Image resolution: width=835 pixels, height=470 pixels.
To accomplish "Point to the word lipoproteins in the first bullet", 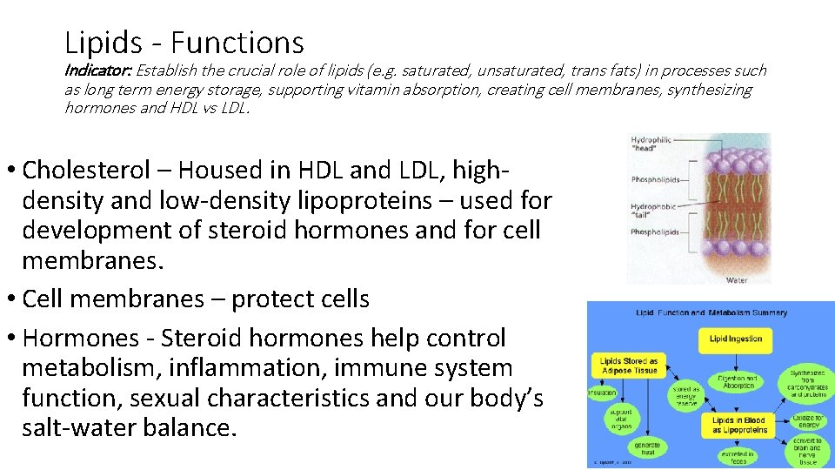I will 345,200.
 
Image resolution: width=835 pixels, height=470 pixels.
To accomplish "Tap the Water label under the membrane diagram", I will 738,279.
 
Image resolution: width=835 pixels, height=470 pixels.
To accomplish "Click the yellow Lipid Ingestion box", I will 736,339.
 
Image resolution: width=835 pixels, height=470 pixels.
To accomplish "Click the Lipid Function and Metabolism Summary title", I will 711,312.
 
